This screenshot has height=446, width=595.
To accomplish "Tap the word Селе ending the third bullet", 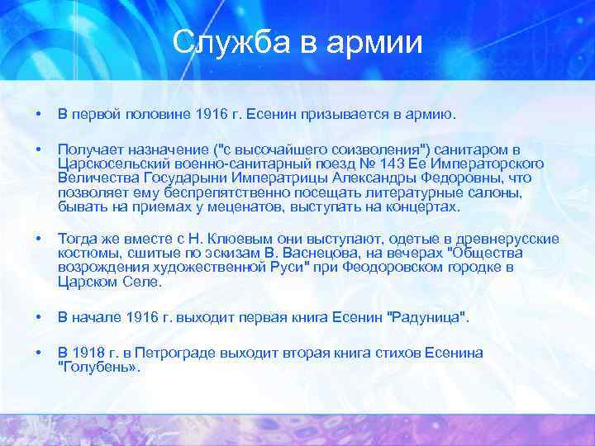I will [147, 282].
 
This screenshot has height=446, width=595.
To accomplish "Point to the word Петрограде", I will [173, 353].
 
